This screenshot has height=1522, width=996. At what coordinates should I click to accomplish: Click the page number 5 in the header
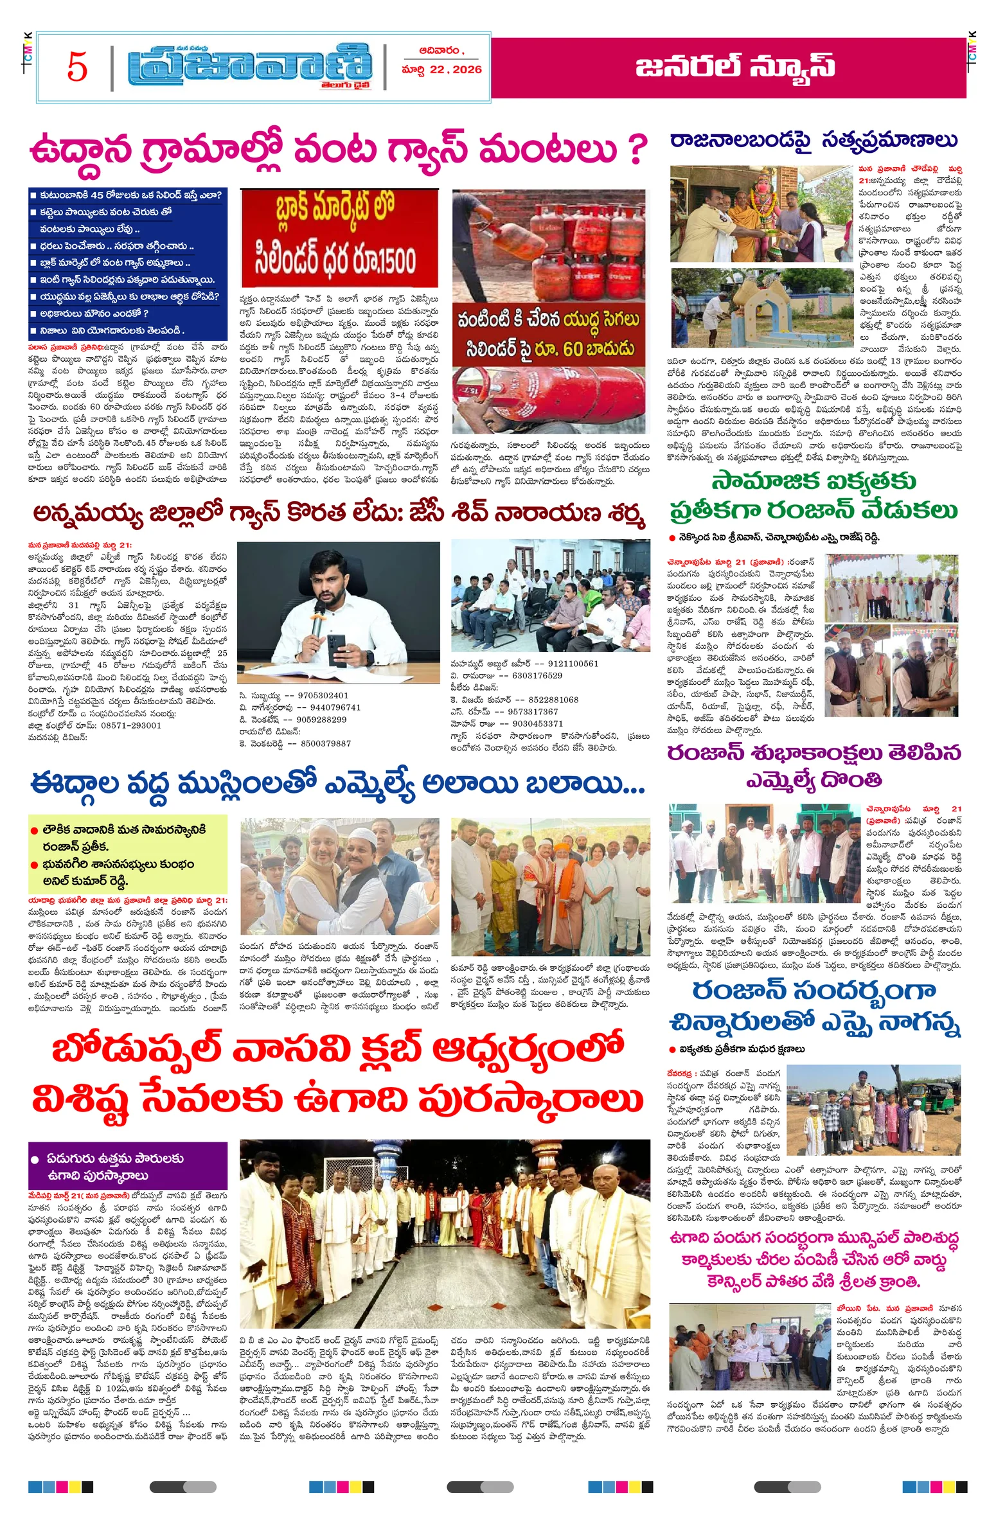[76, 67]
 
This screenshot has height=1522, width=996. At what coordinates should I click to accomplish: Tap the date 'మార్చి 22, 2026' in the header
[441, 69]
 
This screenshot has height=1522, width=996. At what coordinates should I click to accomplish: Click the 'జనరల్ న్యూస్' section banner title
[735, 67]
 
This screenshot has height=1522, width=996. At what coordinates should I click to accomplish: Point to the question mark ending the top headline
[636, 149]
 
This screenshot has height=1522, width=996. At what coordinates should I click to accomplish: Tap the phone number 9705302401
[315, 695]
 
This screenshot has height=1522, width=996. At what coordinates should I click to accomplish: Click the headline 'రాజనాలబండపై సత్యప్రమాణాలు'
[814, 140]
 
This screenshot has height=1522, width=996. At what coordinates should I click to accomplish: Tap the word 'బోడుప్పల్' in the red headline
[136, 1052]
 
